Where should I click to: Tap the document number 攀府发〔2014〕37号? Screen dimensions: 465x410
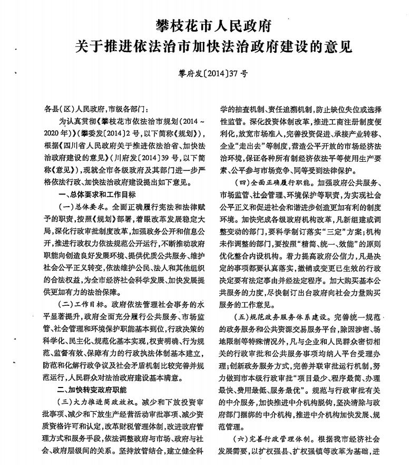tap(213, 74)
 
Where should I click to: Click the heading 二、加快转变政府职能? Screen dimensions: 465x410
tap(92, 390)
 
